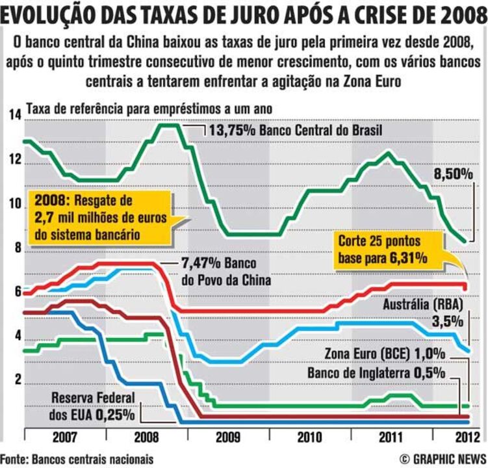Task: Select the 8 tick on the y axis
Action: [16, 248]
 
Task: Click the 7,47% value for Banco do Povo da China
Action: [199, 265]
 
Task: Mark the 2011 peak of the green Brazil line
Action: [388, 153]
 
